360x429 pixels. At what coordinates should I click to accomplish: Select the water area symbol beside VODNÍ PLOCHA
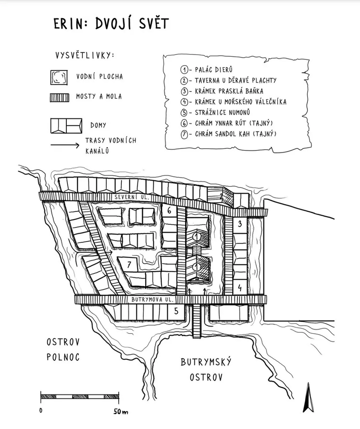58,77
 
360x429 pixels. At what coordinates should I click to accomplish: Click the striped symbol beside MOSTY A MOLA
58,97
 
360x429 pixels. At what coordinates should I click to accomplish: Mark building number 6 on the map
169,211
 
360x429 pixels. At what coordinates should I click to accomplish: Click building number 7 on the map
128,265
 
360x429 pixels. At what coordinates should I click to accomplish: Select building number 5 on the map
176,311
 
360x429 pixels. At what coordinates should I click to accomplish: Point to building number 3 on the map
240,224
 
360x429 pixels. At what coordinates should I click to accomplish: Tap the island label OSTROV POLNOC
63,349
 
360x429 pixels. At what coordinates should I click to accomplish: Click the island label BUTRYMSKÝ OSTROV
206,370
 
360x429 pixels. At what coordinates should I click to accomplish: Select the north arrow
307,398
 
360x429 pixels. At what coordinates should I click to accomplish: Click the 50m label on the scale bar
120,411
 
